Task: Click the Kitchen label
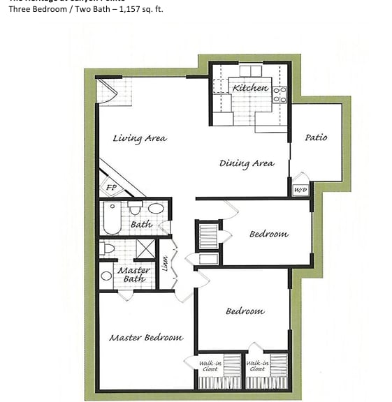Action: tap(250, 88)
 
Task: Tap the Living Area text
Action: tap(140, 138)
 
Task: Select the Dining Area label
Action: tap(247, 163)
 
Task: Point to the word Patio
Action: tap(316, 137)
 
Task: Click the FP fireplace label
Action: tap(111, 187)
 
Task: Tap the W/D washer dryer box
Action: tap(300, 189)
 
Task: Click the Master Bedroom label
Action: tap(146, 337)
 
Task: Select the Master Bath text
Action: tap(133, 274)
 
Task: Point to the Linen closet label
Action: tap(165, 264)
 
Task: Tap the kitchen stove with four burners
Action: tap(280, 95)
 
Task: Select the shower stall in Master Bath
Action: tap(145, 248)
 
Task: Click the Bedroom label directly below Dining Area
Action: tap(268, 234)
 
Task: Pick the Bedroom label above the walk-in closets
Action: tap(245, 311)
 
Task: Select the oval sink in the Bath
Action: tap(156, 208)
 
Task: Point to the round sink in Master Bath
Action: tap(106, 276)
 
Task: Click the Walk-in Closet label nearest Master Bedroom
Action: tap(210, 365)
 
